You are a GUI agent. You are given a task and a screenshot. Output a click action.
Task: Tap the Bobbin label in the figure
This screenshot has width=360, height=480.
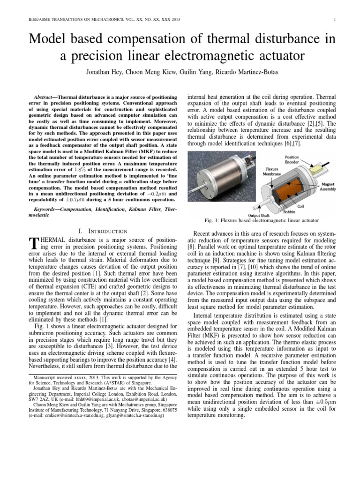pyautogui.click(x=289, y=211)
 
